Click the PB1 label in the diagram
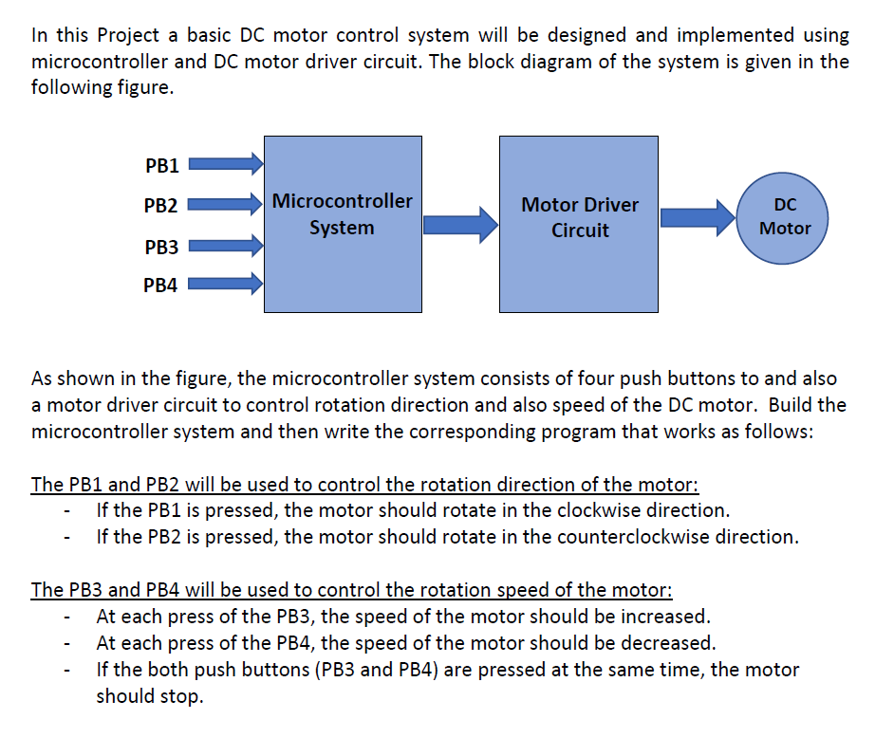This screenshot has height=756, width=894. coord(161,166)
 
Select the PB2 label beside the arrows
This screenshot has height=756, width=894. coord(161,204)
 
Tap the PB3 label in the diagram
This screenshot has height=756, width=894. coord(161,247)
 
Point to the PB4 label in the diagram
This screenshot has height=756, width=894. coord(161,285)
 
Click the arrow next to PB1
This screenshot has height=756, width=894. coord(226,165)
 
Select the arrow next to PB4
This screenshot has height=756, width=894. coord(226,283)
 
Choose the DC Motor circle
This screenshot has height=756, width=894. coord(785,217)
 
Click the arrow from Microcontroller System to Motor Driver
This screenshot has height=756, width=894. coord(460,224)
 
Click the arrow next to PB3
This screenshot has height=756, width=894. coord(226,247)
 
